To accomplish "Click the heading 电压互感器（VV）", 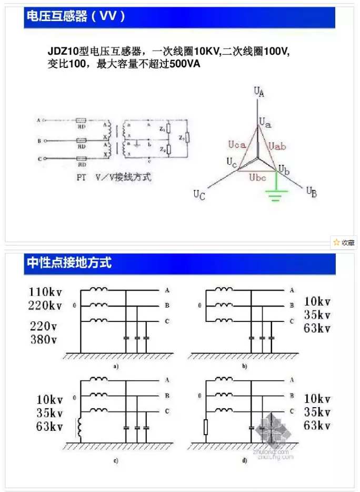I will point(76,17).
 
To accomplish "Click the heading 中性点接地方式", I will point(69,262).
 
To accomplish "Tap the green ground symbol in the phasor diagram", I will point(274,195).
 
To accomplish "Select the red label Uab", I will point(277,145).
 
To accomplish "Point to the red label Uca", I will point(236,145).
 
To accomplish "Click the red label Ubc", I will point(258,178).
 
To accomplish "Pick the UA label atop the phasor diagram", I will point(258,92).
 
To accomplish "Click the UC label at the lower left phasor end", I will point(199,195).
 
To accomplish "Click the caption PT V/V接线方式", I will point(114,178).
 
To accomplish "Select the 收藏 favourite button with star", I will point(344,242).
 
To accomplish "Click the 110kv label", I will point(46,292).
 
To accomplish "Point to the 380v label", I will point(44,339).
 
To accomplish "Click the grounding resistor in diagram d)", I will point(206,427).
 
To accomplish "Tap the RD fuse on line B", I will point(82,141).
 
